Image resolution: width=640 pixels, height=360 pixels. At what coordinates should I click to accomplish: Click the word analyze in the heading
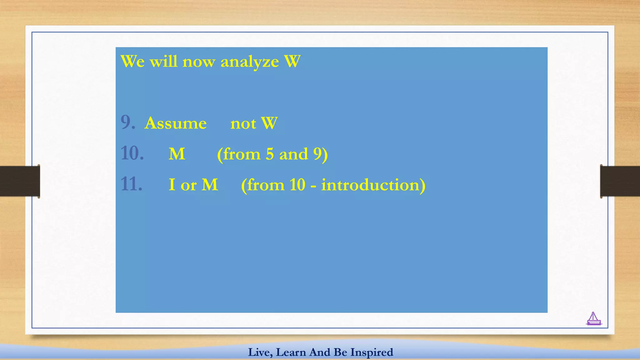coord(249,62)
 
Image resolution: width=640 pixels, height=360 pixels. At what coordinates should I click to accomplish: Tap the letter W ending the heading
coord(292,61)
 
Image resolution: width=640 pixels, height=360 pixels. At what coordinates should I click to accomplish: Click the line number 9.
coord(127,122)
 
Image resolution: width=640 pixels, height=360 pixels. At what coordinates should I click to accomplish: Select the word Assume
coord(175,123)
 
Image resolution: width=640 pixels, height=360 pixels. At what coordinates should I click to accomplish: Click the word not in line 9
coord(243,123)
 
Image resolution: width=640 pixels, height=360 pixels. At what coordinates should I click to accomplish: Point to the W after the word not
coord(269,123)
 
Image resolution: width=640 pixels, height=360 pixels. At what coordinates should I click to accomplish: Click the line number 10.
coord(132,153)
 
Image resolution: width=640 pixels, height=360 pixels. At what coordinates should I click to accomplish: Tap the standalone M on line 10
coord(177,154)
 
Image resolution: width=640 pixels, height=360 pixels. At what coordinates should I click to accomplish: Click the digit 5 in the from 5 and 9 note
coord(270,154)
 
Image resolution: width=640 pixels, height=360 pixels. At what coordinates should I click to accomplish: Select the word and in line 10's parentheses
coord(293,154)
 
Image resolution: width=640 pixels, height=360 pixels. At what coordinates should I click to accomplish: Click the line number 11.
coord(131,184)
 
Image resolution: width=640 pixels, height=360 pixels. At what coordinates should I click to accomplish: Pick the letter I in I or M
coord(172,184)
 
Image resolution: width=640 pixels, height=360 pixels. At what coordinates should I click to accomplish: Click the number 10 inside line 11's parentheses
coord(297,185)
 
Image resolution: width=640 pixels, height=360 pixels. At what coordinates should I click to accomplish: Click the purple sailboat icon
coord(593,319)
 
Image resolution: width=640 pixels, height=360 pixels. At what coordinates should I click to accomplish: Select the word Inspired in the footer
coord(372,352)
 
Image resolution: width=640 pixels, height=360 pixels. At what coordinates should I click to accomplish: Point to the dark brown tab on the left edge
coord(20,181)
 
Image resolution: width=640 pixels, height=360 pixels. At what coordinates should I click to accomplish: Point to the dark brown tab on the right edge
coord(620,181)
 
